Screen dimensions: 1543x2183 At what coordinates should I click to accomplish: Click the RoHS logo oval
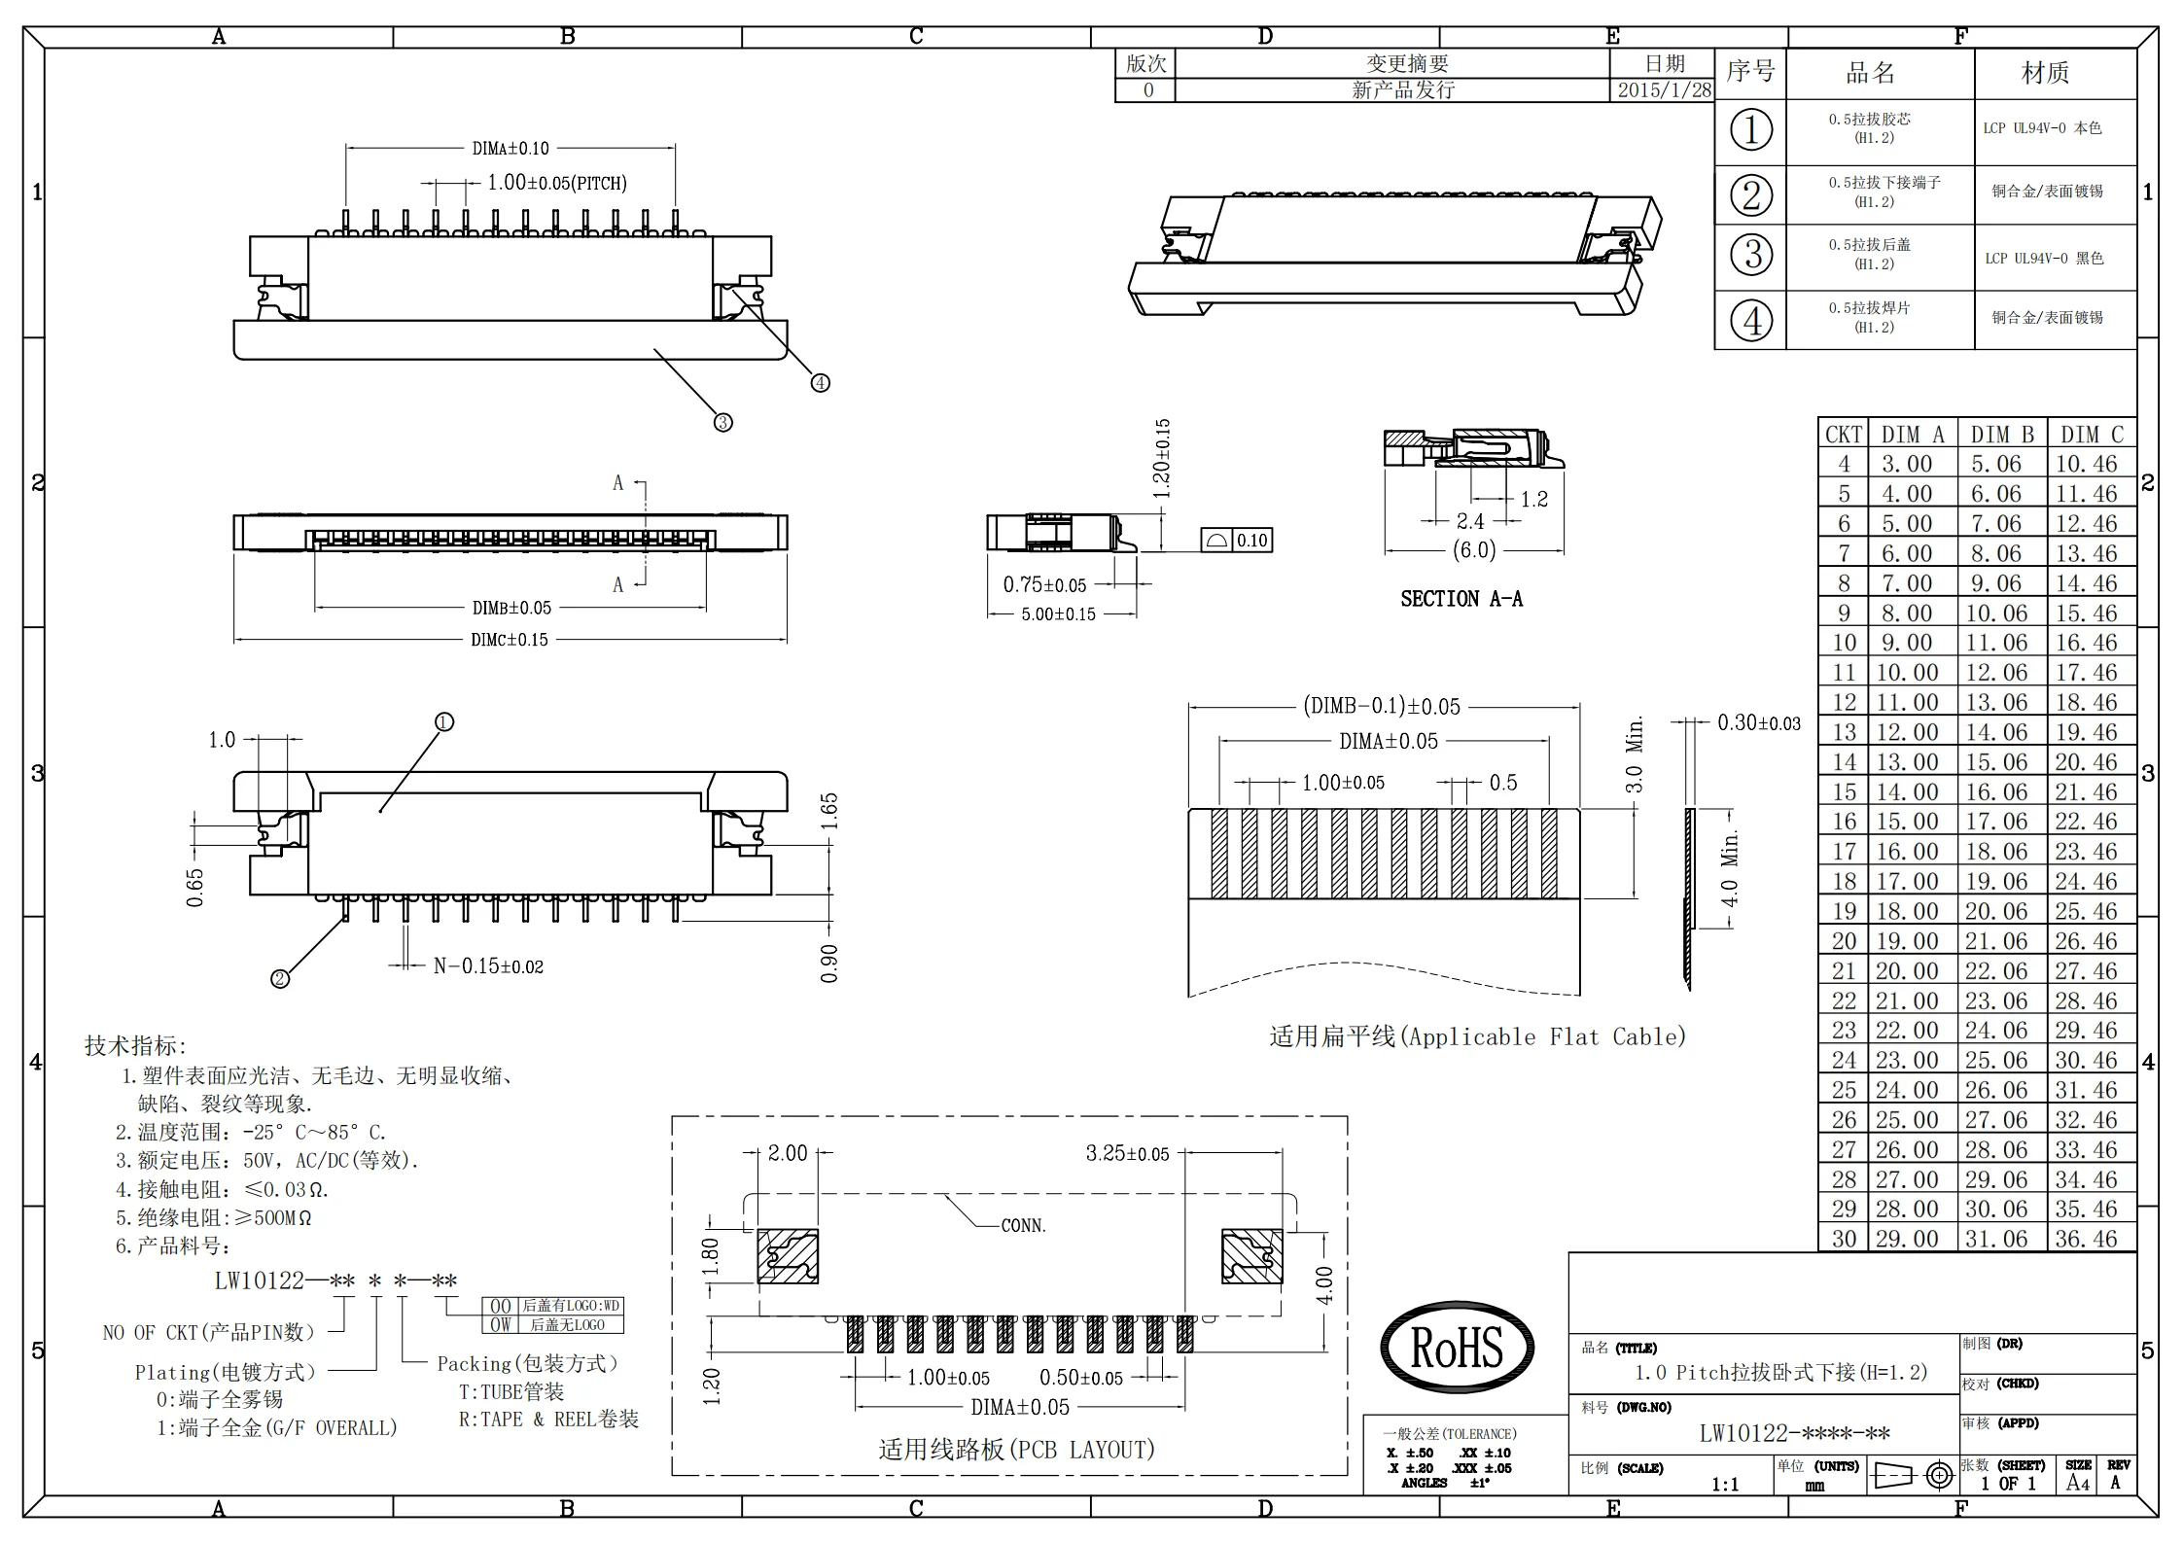click(1457, 1348)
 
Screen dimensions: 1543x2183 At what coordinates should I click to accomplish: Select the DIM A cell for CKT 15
click(1906, 792)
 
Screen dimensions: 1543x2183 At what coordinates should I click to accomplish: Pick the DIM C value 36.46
click(2086, 1240)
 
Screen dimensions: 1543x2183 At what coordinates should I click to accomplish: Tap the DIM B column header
click(2002, 435)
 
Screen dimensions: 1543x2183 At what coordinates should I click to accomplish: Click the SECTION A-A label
click(1461, 599)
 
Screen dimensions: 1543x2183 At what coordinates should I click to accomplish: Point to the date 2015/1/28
click(1664, 90)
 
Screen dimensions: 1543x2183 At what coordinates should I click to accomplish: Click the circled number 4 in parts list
click(1751, 321)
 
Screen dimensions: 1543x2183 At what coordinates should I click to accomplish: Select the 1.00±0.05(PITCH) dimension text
click(556, 183)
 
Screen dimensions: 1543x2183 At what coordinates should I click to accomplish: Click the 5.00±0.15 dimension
click(1058, 614)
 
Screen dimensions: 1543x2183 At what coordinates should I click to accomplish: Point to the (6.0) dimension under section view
click(1473, 550)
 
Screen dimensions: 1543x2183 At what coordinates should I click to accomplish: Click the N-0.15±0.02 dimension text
click(488, 966)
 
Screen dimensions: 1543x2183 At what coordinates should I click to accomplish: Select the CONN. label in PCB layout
click(1024, 1226)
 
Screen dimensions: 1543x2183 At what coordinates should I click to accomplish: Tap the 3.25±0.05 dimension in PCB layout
click(1127, 1154)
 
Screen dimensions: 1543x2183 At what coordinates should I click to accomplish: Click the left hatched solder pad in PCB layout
click(787, 1256)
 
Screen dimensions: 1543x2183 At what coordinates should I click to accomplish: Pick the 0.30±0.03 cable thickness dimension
click(1758, 723)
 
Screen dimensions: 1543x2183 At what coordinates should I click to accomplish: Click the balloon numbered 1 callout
click(444, 722)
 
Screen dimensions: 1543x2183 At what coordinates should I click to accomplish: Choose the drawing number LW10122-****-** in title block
click(1794, 1434)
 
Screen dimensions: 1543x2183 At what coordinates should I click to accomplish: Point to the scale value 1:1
click(1725, 1485)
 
